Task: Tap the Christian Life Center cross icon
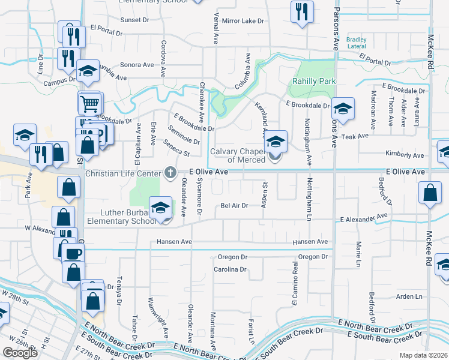[170, 173]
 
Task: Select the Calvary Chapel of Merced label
[238, 155]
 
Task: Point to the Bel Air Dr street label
[234, 205]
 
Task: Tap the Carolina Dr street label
[231, 269]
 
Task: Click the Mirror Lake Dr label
[243, 21]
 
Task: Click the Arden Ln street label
[409, 296]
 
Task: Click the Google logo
[20, 353]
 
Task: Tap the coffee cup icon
[73, 253]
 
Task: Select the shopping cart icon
[89, 104]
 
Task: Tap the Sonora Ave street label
[137, 64]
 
